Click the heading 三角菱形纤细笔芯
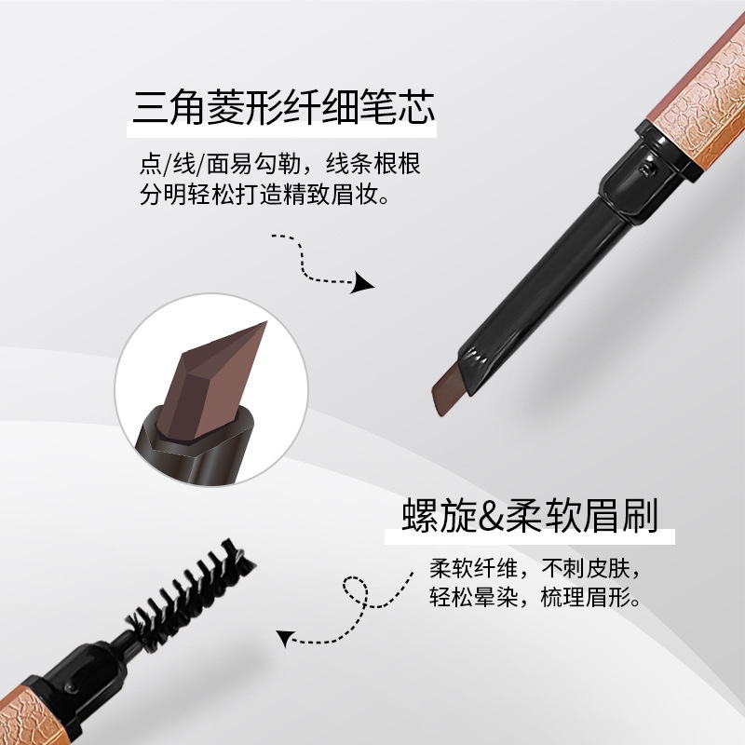click(x=284, y=107)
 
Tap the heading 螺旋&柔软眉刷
click(x=530, y=515)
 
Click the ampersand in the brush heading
click(x=492, y=516)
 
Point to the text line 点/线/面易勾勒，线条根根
click(x=280, y=164)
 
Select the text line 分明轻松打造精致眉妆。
click(x=264, y=195)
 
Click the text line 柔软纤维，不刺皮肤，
click(x=535, y=568)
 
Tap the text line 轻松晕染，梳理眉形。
click(x=535, y=597)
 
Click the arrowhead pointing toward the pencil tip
click(x=362, y=283)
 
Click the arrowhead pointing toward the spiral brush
click(x=284, y=638)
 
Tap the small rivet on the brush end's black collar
click(x=72, y=686)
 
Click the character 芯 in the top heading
click(x=415, y=107)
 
